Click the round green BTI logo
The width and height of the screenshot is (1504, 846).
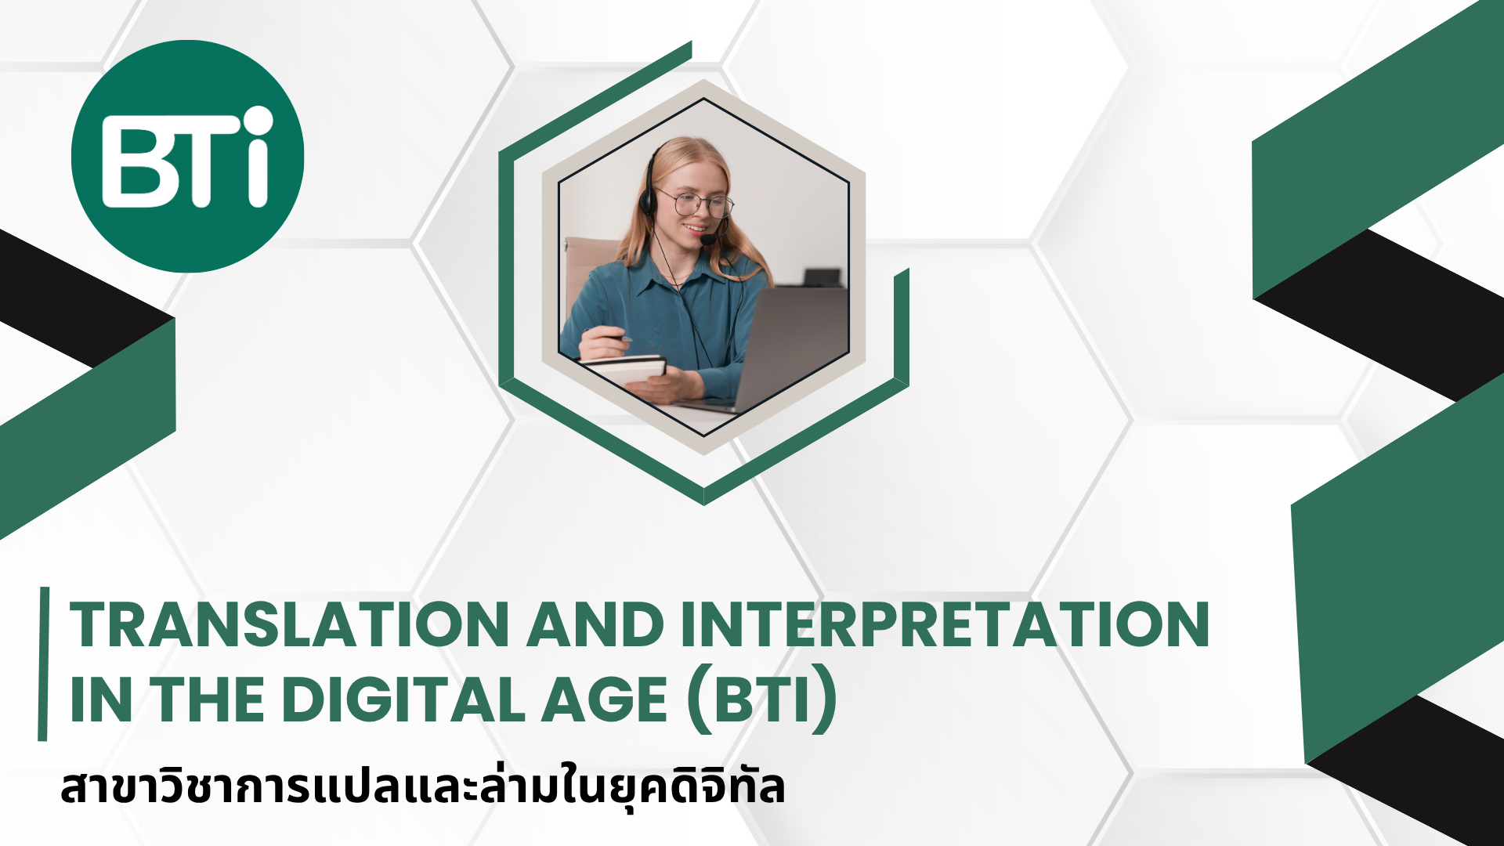coord(187,157)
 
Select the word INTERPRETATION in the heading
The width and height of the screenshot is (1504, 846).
coord(945,625)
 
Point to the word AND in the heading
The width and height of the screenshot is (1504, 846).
coord(595,625)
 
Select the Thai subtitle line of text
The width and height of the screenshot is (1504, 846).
coord(423,787)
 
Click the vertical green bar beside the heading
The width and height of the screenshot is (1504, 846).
coord(43,663)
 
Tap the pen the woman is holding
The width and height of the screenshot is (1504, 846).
coord(616,337)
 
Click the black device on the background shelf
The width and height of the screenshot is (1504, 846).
coord(822,277)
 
